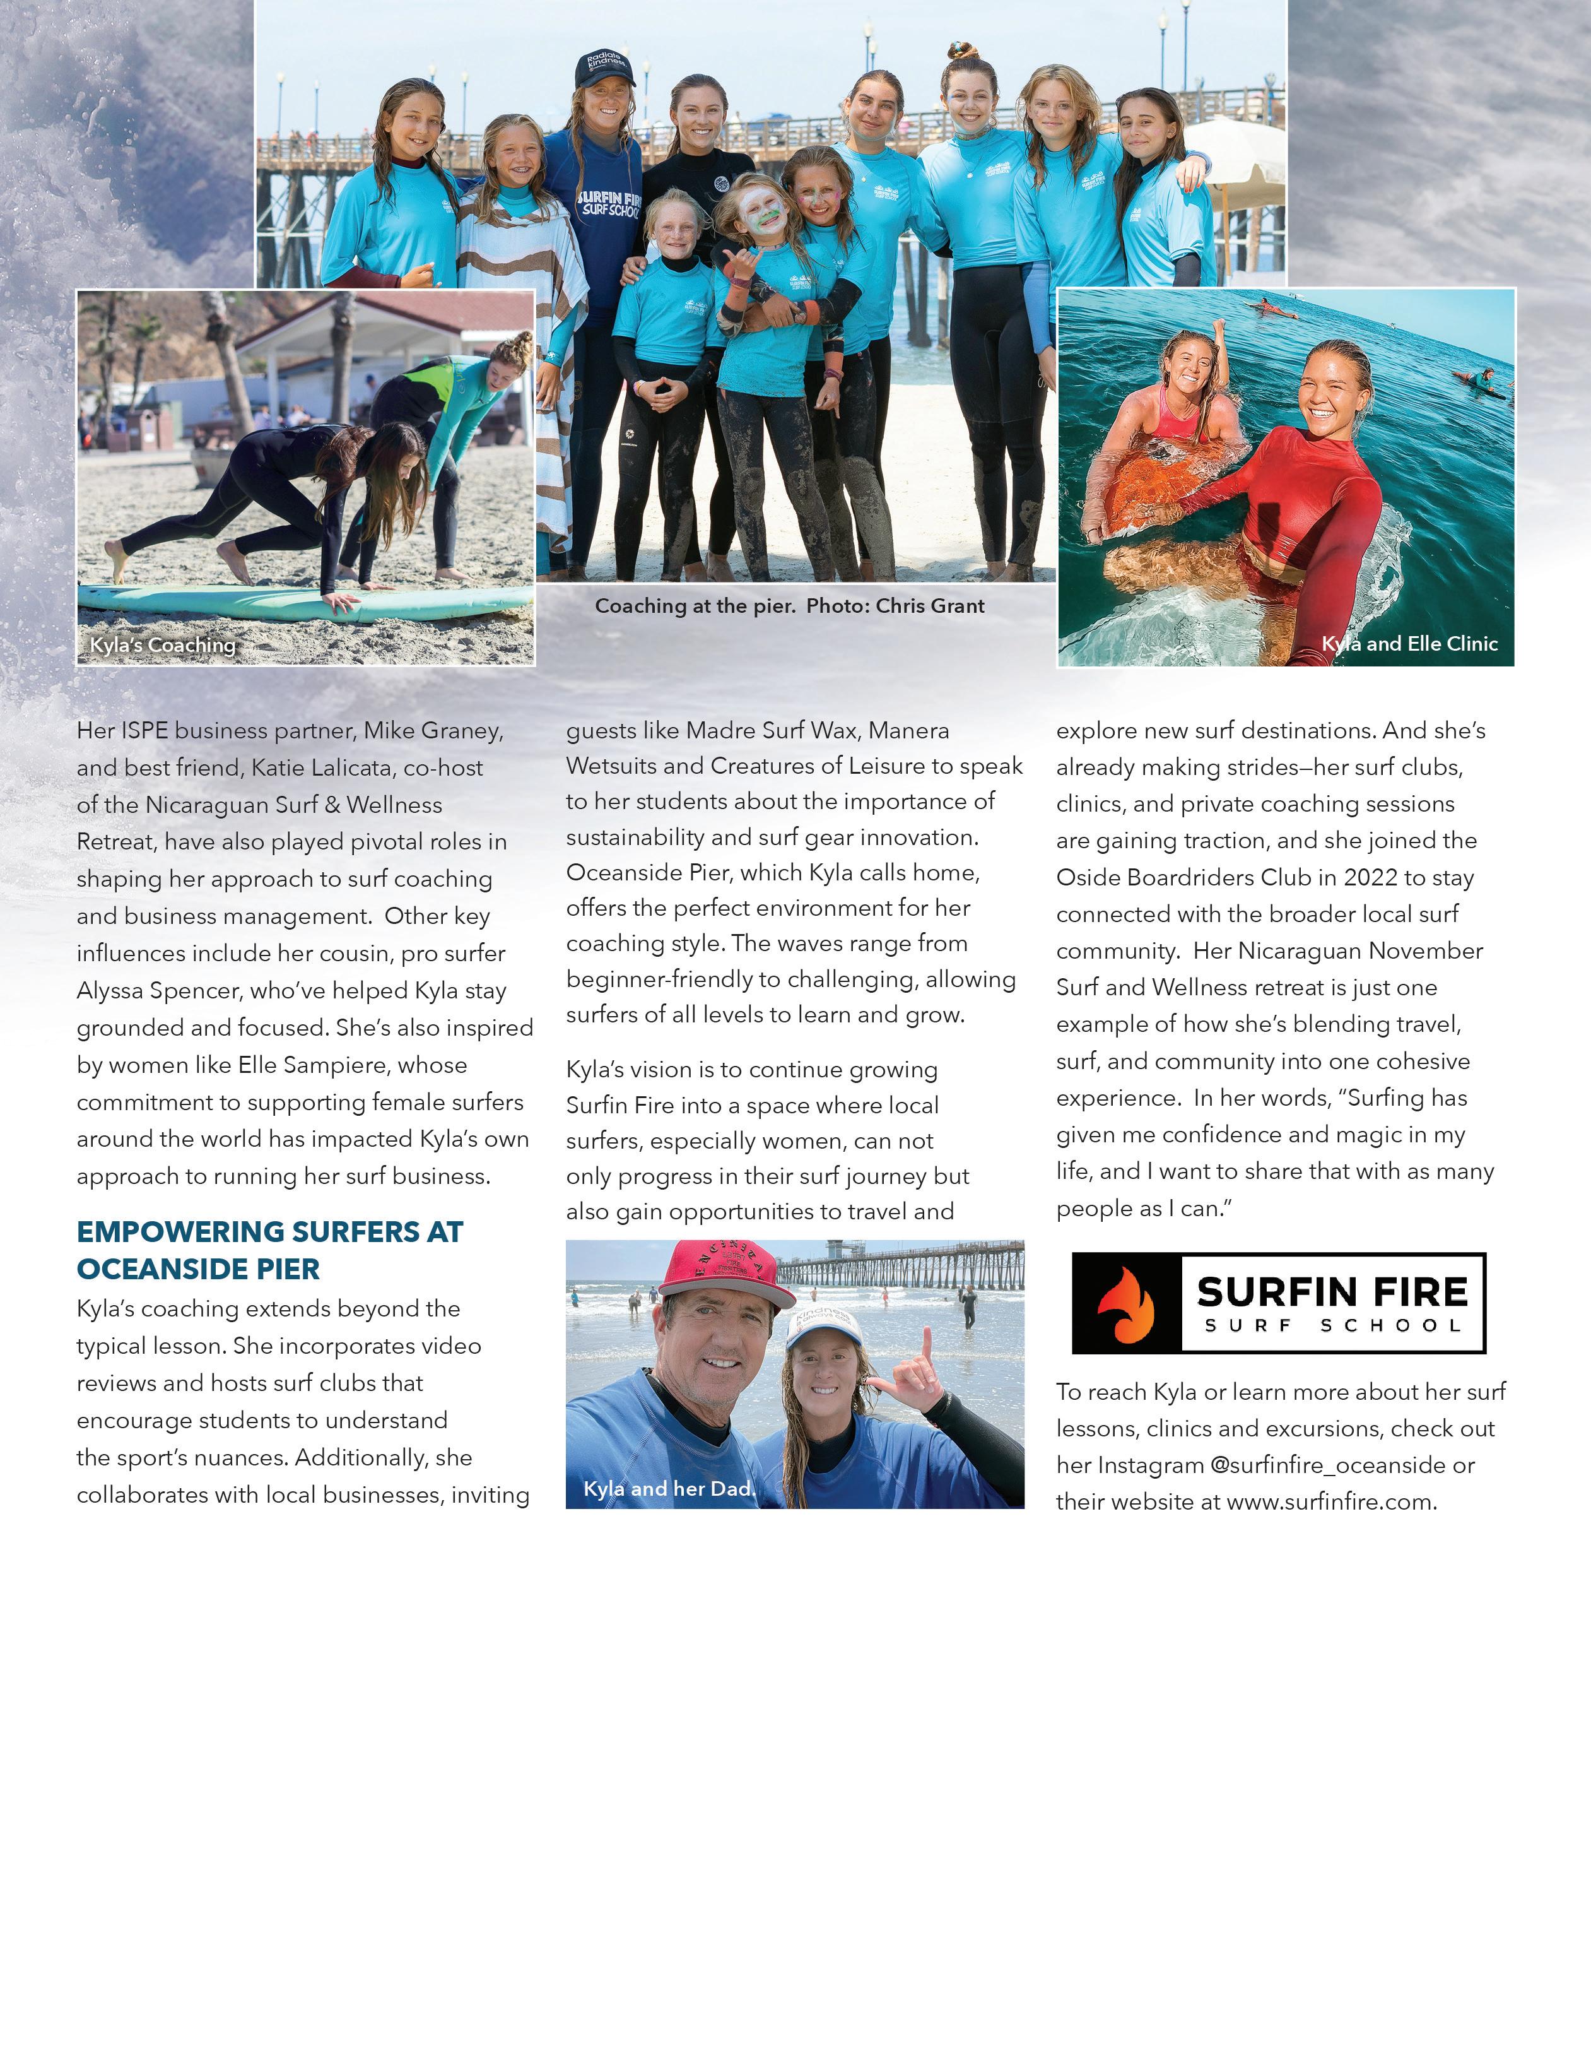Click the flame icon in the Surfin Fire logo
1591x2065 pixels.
click(x=1126, y=1305)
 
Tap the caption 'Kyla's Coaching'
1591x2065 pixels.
click(x=163, y=645)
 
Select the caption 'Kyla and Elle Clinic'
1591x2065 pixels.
click(x=1409, y=644)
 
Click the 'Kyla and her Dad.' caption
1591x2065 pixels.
click(x=668, y=1488)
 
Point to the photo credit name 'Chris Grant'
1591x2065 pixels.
click(x=931, y=606)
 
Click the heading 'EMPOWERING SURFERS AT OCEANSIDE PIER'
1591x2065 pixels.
click(x=269, y=1250)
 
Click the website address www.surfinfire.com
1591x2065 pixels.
click(x=1328, y=1503)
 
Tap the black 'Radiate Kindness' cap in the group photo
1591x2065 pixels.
click(x=604, y=68)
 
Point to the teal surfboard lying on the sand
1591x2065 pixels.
click(x=303, y=601)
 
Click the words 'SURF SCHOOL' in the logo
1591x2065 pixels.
click(x=1333, y=1325)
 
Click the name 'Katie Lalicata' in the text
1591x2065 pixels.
click(x=320, y=768)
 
